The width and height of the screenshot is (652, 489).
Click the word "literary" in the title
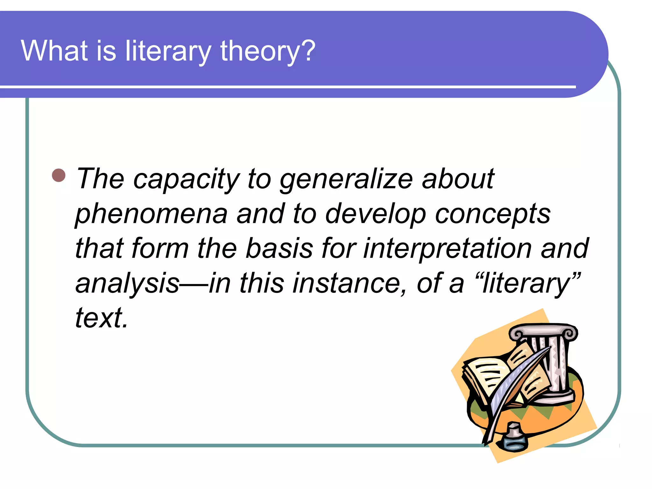168,51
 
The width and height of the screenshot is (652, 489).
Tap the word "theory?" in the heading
267,51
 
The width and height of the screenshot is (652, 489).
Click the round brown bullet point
59,175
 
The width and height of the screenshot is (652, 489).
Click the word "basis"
280,248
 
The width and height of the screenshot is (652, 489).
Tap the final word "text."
101,318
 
